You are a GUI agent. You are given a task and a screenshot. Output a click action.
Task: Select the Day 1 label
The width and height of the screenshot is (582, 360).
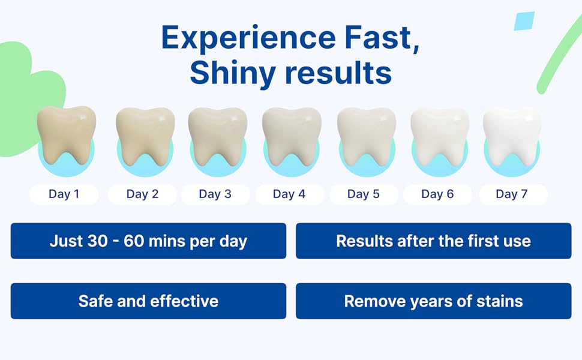[x=64, y=194]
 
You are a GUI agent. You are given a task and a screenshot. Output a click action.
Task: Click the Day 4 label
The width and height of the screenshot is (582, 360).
[x=289, y=194]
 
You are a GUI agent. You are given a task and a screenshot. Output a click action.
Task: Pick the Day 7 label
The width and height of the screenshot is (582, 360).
[x=512, y=194]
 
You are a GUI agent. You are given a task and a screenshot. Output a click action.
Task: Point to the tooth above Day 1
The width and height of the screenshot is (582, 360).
[x=66, y=135]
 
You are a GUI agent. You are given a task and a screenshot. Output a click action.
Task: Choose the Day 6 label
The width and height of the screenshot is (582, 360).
[x=437, y=194]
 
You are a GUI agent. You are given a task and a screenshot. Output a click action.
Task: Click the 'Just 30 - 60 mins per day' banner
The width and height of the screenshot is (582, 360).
[x=148, y=241]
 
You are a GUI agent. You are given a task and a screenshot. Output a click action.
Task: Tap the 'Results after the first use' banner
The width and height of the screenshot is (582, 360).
[x=433, y=241]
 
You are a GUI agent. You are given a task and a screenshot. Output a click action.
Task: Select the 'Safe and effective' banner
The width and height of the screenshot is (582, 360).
[x=148, y=301]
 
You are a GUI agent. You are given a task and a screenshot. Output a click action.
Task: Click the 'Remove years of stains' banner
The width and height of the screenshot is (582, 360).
[x=433, y=301]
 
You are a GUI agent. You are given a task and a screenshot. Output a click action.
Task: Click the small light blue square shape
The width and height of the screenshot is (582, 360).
[x=524, y=21]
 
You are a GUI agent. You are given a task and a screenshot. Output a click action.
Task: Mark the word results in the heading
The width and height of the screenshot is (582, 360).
[x=338, y=73]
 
